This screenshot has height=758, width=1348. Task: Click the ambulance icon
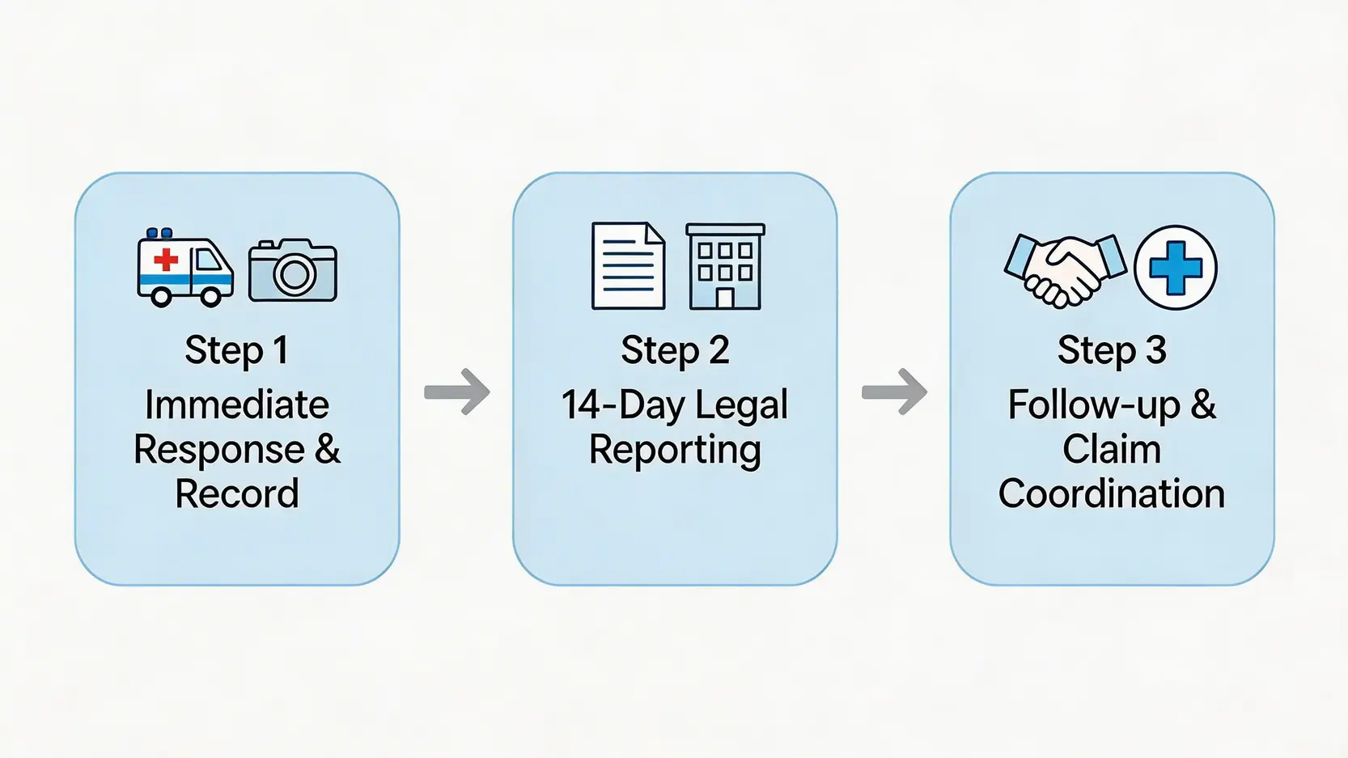point(185,269)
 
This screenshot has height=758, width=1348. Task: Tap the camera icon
point(293,271)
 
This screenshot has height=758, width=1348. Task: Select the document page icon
point(629,266)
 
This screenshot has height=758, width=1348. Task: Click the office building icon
point(725,267)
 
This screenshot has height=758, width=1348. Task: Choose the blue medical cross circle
point(1175,268)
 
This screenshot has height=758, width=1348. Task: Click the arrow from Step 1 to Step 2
point(457,392)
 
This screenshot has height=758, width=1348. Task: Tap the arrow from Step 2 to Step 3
point(894,392)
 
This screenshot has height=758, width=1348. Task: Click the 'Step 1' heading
point(236,350)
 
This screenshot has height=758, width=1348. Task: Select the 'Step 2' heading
point(675,350)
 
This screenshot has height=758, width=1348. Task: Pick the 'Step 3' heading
point(1112,350)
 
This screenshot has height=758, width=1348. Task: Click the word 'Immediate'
point(236,404)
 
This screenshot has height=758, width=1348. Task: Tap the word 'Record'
point(236,493)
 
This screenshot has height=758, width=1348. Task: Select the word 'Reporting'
point(675,450)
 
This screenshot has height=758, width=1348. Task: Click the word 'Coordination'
point(1112,493)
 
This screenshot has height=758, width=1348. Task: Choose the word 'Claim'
point(1112,449)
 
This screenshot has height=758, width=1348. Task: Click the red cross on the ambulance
point(166,259)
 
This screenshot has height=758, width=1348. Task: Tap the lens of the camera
point(294,275)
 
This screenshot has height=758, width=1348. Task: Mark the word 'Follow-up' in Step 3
point(1093,404)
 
